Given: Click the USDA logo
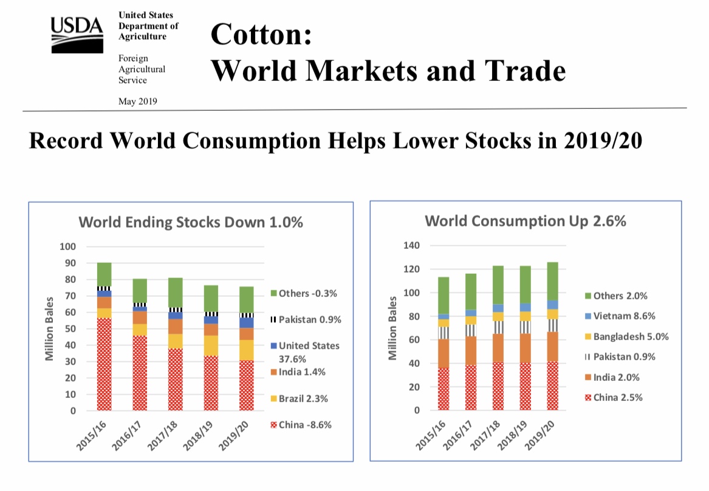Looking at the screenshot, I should point(77,34).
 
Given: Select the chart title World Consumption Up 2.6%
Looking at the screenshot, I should point(525,221).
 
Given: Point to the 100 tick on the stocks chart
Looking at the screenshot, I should point(67,246).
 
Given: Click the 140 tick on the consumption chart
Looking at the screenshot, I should point(411,246).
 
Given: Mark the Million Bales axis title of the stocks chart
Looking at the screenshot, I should point(51,329).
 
